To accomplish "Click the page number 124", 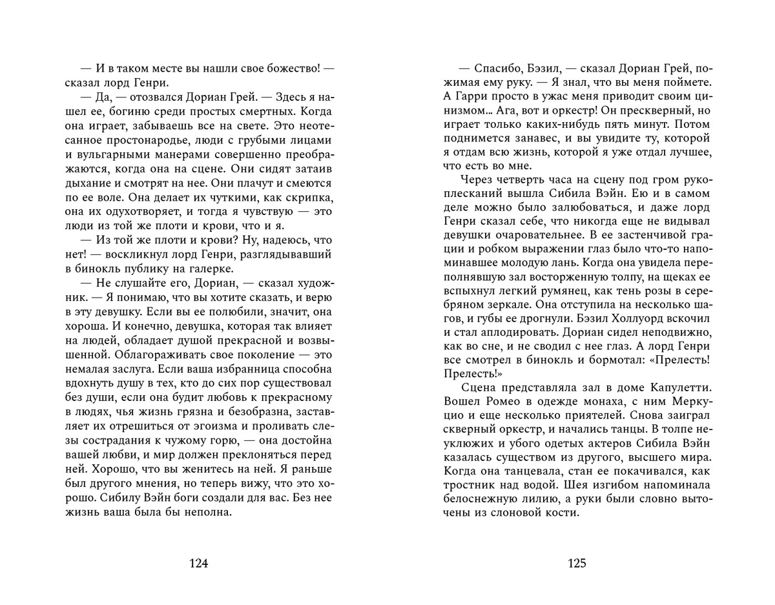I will point(199,562).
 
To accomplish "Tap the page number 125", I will point(577,562).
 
